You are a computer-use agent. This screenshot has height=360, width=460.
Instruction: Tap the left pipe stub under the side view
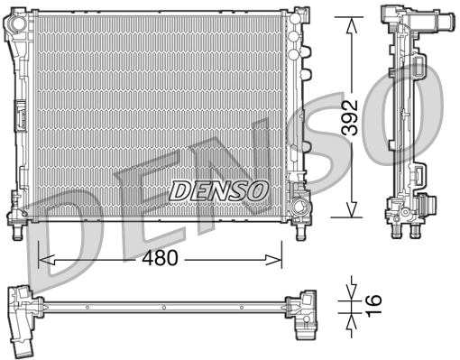pyautogui.click(x=396, y=232)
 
